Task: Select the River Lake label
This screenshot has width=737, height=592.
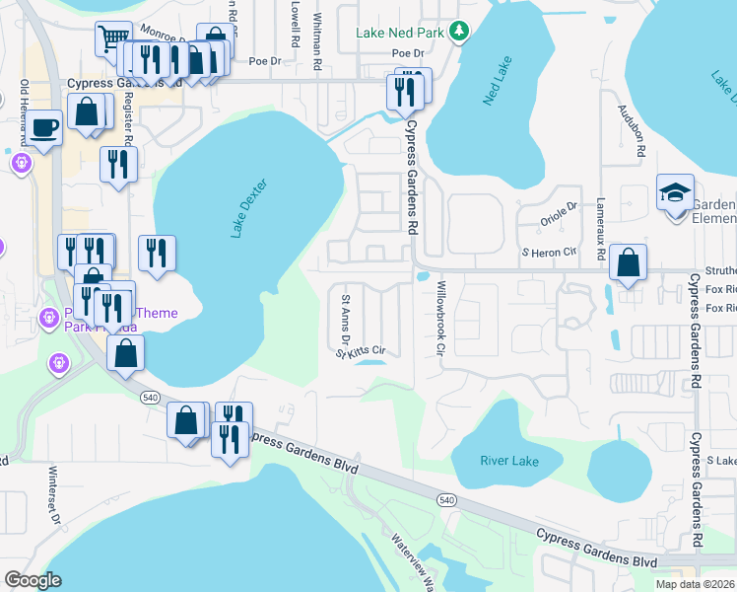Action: pos(508,461)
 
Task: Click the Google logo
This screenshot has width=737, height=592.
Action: pos(33,579)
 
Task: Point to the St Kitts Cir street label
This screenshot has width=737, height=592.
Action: pos(360,351)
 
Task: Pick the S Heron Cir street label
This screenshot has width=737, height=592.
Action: pos(548,254)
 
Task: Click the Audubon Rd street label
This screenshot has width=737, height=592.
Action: pos(639,129)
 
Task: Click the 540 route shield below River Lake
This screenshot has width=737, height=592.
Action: pos(446,501)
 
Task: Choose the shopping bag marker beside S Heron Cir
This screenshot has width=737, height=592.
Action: pos(627,262)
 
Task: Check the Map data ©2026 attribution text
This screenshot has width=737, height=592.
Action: pos(694,583)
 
